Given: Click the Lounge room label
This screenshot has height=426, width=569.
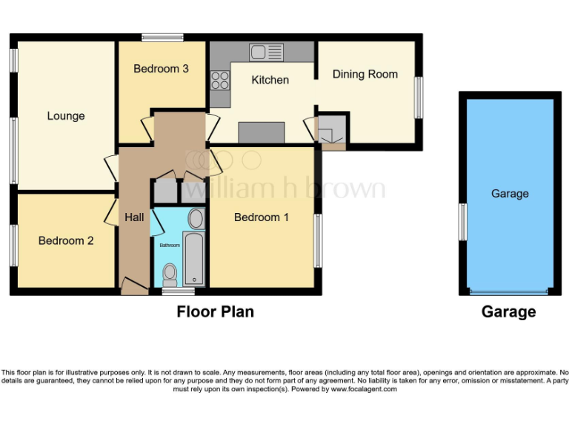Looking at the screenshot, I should (66, 116).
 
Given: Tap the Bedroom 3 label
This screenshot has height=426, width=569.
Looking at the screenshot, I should (161, 69).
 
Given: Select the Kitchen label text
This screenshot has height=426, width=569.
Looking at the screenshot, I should (270, 79).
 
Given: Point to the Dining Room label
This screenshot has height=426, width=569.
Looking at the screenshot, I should (365, 74).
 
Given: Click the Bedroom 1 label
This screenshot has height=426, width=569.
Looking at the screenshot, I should (262, 217).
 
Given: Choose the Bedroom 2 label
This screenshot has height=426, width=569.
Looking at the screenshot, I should (66, 240).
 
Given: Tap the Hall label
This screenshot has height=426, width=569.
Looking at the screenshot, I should (134, 217).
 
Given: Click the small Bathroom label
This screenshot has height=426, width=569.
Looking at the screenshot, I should (170, 245).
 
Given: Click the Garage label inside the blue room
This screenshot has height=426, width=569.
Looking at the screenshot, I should (510, 194).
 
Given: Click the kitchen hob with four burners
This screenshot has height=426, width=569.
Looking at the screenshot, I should (220, 79).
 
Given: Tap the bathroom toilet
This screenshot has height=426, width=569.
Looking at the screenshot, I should (170, 274).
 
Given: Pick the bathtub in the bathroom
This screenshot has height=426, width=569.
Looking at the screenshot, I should (194, 259).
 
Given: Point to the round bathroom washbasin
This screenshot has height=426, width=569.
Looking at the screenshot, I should (196, 218).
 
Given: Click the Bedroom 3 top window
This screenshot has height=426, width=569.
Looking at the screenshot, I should (163, 37).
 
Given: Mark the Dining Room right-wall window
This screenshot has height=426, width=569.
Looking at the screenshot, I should (419, 97).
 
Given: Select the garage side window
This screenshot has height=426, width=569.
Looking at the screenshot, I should (462, 222).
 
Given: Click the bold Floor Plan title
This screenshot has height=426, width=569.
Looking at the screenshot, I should (215, 311).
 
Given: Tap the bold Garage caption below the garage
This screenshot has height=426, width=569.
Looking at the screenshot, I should (508, 312).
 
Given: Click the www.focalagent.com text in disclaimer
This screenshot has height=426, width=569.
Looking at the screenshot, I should (364, 389).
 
